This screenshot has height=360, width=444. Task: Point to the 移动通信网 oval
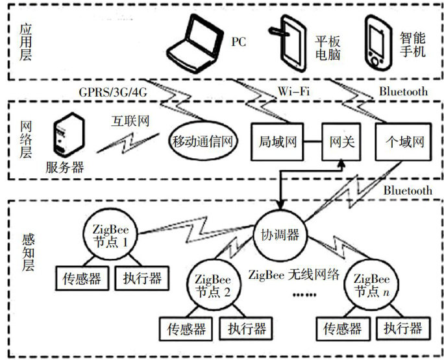tap(203, 140)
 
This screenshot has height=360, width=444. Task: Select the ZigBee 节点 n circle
tap(372, 284)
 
